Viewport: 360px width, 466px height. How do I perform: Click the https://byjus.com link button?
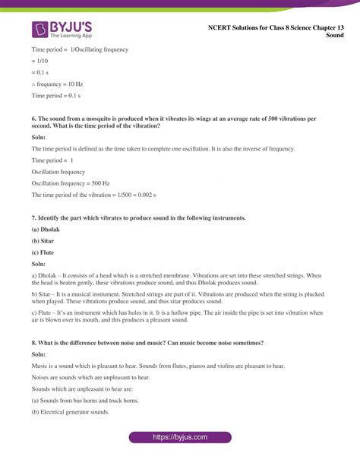click(180, 439)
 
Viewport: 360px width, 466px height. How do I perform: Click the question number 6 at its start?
click(33, 120)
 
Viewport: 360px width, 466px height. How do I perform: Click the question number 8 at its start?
click(33, 343)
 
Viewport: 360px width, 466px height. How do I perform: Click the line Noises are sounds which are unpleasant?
click(90, 378)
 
